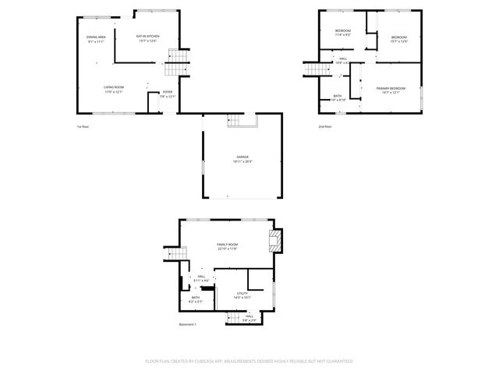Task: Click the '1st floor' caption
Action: (82, 125)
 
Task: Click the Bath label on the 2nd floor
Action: (337, 97)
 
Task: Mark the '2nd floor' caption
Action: (324, 125)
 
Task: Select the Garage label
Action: (242, 159)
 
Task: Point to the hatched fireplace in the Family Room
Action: (274, 242)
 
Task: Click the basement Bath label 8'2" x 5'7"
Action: (195, 299)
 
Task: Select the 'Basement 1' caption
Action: (188, 324)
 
